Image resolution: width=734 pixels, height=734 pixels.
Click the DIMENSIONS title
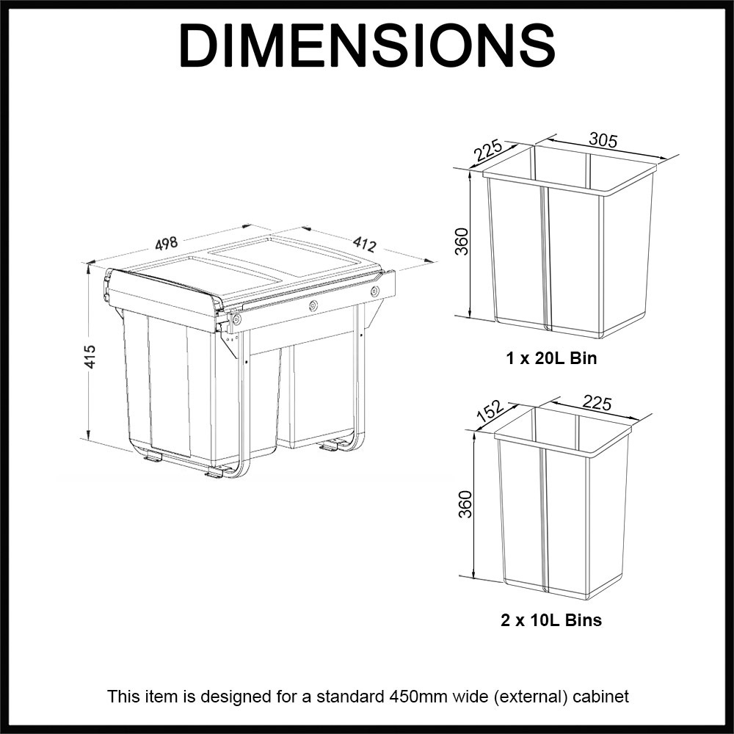(366, 46)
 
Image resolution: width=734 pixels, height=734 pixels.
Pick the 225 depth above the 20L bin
(488, 150)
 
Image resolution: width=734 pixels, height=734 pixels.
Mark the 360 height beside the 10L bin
(465, 504)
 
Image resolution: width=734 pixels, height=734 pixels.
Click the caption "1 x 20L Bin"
(551, 360)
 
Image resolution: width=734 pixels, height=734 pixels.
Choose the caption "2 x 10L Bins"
(551, 620)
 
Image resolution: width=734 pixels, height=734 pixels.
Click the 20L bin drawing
(569, 250)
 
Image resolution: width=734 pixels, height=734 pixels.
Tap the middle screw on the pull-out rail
(313, 305)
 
